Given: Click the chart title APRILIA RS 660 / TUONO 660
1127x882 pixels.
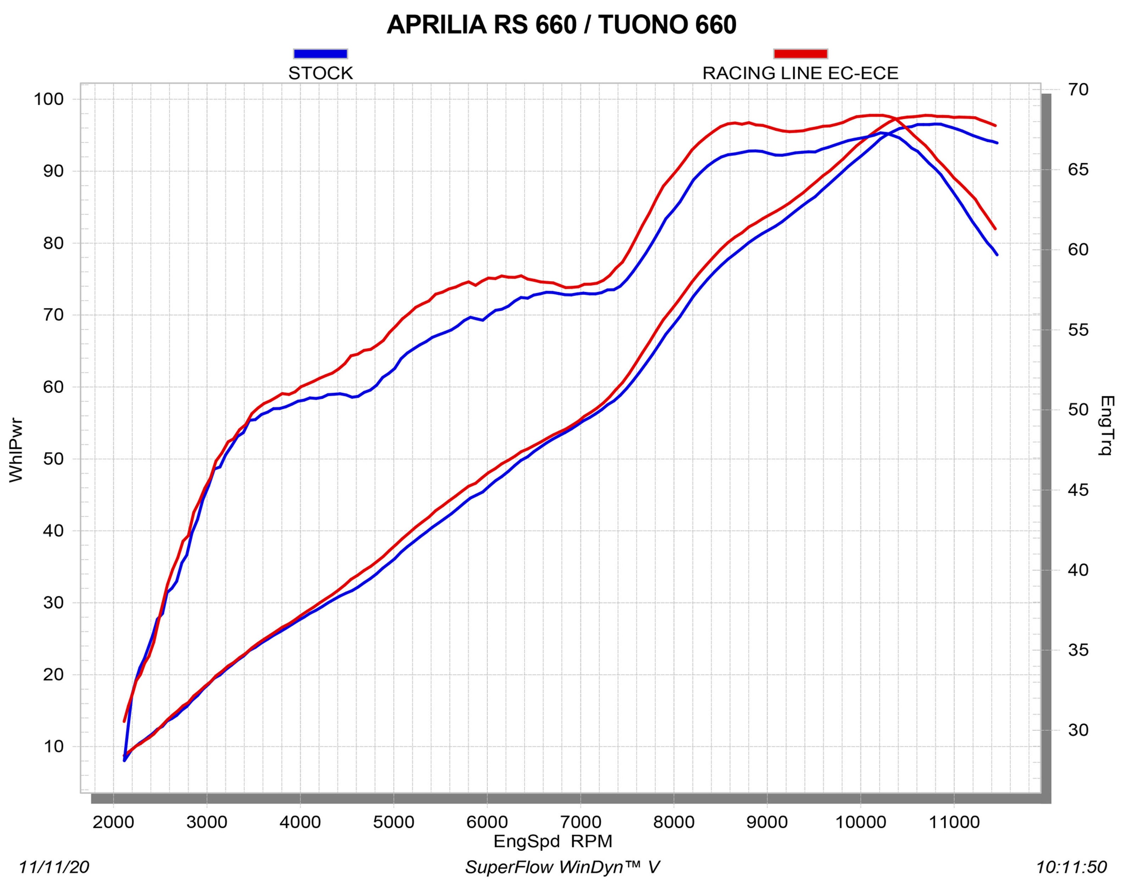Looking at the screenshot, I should pyautogui.click(x=561, y=25).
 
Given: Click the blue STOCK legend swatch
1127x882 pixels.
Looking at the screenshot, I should pyautogui.click(x=320, y=54).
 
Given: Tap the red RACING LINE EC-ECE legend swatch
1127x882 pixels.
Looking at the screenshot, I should pyautogui.click(x=800, y=54).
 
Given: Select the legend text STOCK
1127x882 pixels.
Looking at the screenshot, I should pyautogui.click(x=320, y=73).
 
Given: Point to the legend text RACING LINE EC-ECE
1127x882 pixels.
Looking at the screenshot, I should pyautogui.click(x=800, y=73).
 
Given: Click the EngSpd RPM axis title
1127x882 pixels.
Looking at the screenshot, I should pyautogui.click(x=552, y=841).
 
